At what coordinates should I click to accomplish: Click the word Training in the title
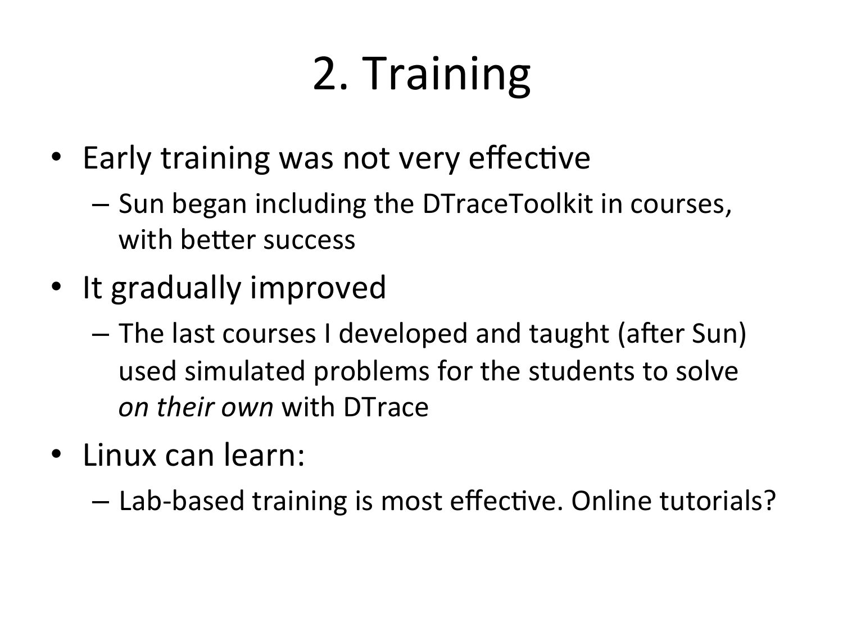[x=446, y=76]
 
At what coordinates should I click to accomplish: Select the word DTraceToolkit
[x=507, y=204]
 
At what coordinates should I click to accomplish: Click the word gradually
[x=176, y=289]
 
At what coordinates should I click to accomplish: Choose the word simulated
[x=245, y=371]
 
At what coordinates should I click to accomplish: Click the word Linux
[x=120, y=456]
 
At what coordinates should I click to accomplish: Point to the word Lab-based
[x=182, y=501]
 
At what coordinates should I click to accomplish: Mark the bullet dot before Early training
[x=56, y=157]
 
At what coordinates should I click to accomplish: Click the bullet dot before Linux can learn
[x=56, y=454]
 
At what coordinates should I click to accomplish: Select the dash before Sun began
[x=101, y=206]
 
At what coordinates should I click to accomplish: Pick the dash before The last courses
[x=101, y=335]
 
